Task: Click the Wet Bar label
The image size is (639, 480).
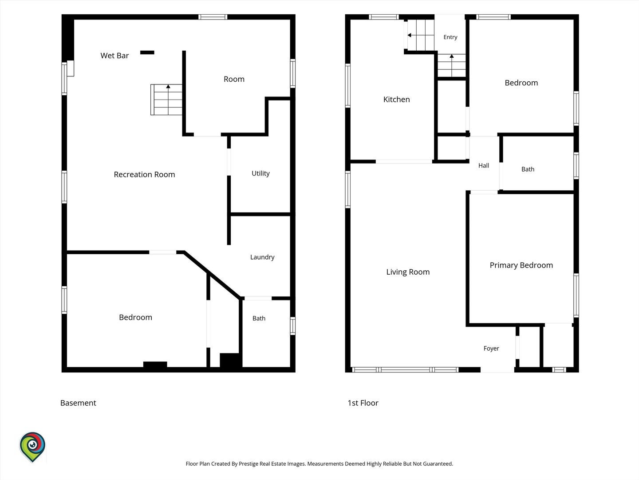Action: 114,56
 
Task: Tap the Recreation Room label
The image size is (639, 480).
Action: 144,175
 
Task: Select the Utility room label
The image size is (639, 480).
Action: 260,174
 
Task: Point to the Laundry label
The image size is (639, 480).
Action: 262,257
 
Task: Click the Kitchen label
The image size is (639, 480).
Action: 397,100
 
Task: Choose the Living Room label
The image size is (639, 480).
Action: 408,272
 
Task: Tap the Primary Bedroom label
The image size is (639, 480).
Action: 521,265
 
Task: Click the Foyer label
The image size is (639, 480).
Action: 491,348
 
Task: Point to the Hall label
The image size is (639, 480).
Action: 484,165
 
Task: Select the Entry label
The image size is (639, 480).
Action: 450,37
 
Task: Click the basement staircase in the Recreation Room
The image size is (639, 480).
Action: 166,100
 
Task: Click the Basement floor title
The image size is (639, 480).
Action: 78,403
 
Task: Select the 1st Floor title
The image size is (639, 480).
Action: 363,403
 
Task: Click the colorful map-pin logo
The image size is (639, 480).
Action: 32,447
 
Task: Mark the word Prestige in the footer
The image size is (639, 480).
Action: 248,464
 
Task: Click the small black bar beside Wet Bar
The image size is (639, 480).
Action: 147,52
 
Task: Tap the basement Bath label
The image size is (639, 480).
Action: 259,319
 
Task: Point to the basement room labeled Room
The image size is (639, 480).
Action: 234,79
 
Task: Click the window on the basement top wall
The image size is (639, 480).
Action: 213,17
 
